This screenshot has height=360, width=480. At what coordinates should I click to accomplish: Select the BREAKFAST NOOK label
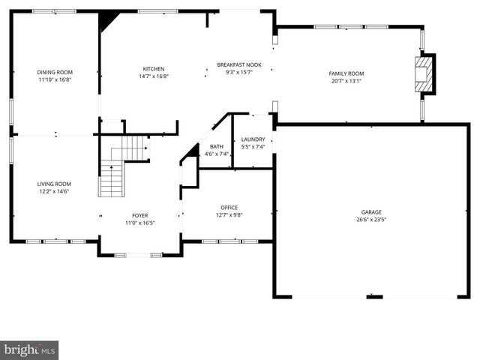(238, 64)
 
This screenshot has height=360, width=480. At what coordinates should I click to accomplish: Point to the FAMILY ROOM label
(345, 73)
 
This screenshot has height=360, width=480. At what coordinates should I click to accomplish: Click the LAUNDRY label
(253, 139)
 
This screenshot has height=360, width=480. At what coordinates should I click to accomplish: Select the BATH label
(216, 146)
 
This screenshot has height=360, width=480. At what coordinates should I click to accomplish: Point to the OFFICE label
(229, 208)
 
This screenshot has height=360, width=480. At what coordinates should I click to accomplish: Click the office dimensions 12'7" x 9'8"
(229, 215)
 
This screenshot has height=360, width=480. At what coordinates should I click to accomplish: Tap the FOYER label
(139, 215)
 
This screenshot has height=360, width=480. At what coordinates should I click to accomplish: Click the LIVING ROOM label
(55, 184)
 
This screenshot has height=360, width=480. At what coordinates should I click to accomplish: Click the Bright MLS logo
(29, 349)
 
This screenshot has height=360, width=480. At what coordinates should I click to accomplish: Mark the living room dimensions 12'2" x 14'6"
(55, 191)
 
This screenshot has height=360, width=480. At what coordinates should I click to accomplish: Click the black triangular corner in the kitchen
(107, 20)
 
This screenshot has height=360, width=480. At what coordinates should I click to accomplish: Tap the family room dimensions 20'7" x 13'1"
(345, 80)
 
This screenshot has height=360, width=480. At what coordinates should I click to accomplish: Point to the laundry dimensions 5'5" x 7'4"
(253, 146)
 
